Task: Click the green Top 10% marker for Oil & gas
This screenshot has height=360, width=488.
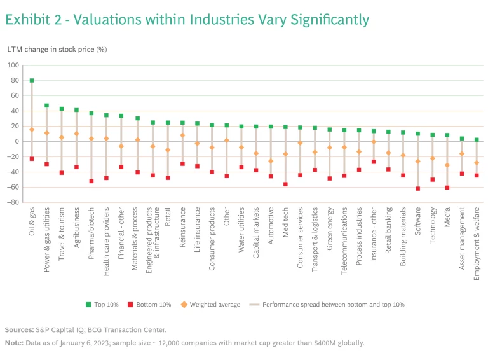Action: coord(31,81)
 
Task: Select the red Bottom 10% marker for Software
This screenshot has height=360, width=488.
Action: coord(417,188)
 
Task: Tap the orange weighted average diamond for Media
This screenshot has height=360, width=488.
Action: coord(447,165)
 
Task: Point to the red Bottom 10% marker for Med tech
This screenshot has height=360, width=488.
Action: coord(285,184)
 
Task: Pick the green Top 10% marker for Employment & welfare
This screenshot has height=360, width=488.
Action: coord(477,139)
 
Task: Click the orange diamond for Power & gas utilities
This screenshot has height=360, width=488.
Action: coord(46,133)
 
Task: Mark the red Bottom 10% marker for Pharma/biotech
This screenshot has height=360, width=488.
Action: coord(91,181)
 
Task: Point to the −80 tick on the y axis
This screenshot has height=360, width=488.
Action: coord(12,203)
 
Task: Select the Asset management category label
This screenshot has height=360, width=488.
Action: coord(462,233)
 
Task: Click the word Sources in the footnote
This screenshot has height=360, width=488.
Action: coord(19,330)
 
